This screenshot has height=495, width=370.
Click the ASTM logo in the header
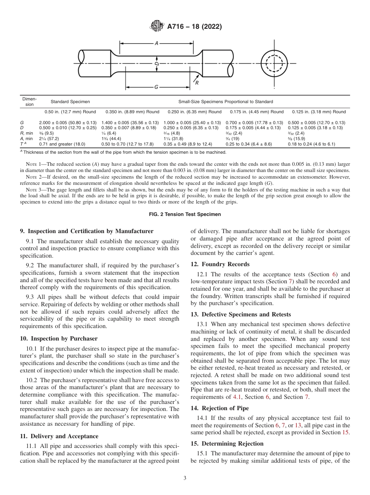[157, 26]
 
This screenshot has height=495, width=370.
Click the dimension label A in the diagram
[156, 44]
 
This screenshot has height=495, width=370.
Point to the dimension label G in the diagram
[156, 87]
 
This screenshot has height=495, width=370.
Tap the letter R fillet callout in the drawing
[197, 82]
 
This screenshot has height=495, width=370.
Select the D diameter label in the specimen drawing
[156, 63]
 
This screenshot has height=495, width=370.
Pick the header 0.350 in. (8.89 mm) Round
[130, 112]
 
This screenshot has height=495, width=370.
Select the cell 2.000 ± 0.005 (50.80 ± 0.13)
[68, 123]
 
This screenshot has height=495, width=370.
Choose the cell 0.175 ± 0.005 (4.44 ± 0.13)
[253, 128]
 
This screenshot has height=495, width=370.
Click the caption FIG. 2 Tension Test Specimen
[185, 214]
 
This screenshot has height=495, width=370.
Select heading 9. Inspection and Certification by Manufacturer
[86, 231]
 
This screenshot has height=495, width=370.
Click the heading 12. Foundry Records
[220, 264]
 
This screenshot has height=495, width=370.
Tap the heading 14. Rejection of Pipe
[220, 408]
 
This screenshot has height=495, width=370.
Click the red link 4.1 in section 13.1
[237, 397]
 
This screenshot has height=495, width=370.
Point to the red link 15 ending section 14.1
[346, 433]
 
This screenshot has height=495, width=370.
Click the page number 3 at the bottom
[185, 478]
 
